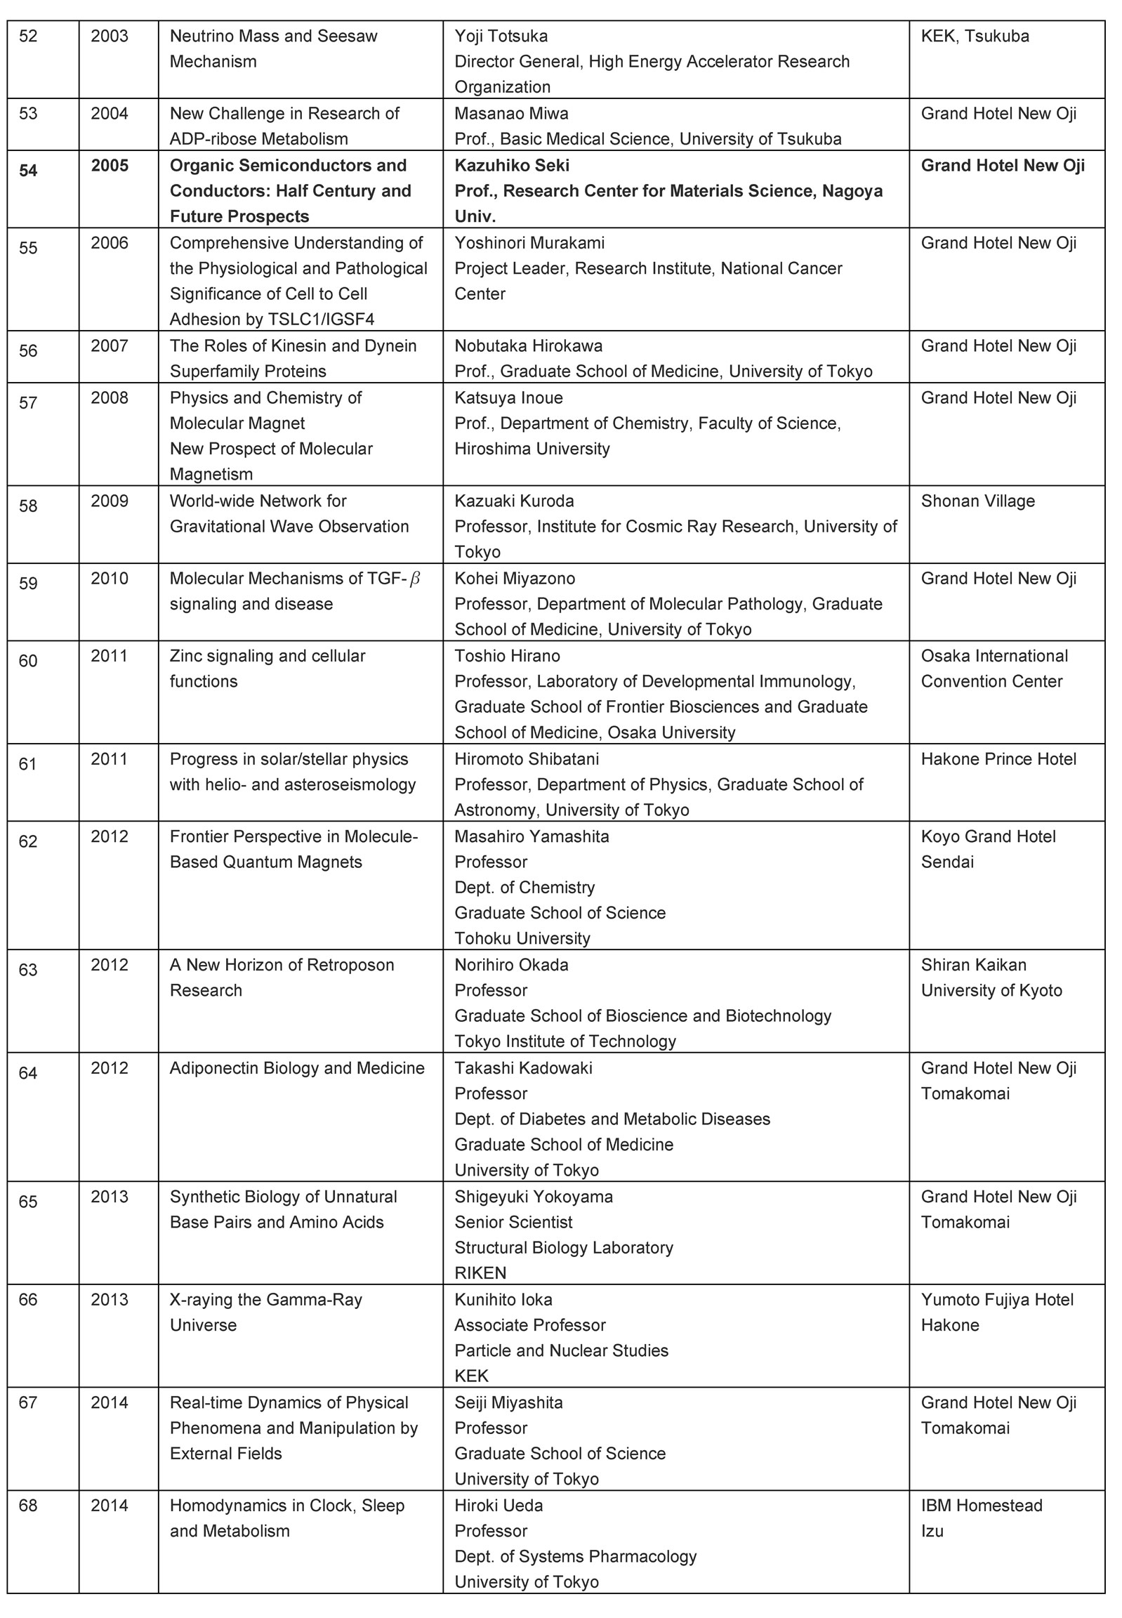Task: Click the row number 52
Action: [x=28, y=36]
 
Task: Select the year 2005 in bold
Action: [x=110, y=165]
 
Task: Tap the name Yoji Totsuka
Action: [x=501, y=36]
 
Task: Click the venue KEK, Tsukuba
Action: [x=975, y=36]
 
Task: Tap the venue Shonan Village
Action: [x=977, y=501]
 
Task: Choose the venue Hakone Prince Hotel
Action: [x=998, y=758]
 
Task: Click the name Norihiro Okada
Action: [x=511, y=965]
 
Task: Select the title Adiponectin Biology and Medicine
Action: [x=297, y=1068]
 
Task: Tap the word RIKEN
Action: [x=480, y=1272]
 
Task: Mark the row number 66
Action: [x=28, y=1299]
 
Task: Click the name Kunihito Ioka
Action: [x=503, y=1299]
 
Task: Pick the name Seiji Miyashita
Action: [x=508, y=1403]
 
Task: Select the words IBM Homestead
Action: [x=982, y=1506]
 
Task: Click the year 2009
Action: [x=110, y=501]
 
